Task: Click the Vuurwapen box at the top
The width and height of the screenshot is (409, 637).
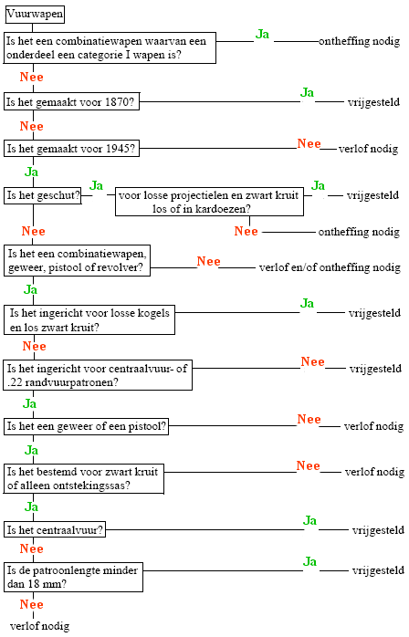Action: [35, 15]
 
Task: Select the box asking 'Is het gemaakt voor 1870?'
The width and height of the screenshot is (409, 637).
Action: [71, 101]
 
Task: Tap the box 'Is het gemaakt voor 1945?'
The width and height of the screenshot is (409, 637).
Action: [71, 148]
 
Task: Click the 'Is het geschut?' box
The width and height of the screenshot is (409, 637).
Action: [43, 195]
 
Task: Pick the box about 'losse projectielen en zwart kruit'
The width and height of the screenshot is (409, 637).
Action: [209, 202]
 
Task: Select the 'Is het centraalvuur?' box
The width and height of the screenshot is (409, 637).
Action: [55, 529]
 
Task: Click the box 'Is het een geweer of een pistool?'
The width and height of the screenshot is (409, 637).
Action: [86, 426]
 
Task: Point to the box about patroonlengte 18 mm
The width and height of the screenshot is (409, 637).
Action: [74, 577]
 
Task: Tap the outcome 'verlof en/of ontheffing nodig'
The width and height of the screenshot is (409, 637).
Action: [330, 267]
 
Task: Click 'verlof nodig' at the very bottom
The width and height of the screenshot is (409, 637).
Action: [39, 626]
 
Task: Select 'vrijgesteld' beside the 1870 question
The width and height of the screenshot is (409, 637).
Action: [373, 102]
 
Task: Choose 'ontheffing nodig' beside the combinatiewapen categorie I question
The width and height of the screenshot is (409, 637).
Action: [359, 41]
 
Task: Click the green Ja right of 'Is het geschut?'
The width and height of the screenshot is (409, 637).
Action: [97, 185]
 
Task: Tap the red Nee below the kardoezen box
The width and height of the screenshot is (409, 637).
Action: [246, 231]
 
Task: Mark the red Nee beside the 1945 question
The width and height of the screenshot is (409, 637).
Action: [309, 143]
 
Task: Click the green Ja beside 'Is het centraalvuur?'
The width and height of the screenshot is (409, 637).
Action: [309, 520]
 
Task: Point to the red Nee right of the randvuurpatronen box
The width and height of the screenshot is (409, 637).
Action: [312, 361]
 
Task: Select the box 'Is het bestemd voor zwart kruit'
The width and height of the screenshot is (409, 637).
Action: [84, 478]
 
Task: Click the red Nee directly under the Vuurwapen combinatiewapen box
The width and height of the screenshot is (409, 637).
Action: [32, 77]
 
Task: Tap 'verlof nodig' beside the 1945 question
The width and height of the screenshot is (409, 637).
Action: [368, 149]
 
